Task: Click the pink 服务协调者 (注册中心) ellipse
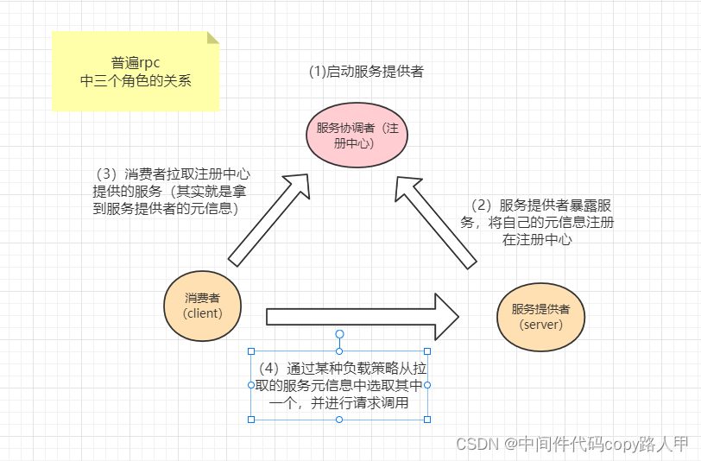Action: tap(357, 136)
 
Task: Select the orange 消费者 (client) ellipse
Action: tap(203, 305)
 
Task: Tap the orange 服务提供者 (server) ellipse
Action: tap(541, 316)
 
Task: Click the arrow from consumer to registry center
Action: tap(268, 218)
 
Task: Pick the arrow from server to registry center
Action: tap(436, 219)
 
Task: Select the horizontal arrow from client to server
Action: tap(363, 317)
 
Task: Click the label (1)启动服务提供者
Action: tap(366, 72)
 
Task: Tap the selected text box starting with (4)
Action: tap(339, 385)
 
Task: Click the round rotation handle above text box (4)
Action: tap(339, 333)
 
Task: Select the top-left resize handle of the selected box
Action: tap(251, 351)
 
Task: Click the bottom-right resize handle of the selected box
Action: tap(427, 419)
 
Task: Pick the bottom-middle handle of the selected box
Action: tap(339, 419)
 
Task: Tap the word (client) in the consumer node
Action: tap(203, 313)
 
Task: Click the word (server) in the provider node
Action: tap(541, 325)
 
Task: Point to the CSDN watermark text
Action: tap(572, 444)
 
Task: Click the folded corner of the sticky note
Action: tap(212, 38)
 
